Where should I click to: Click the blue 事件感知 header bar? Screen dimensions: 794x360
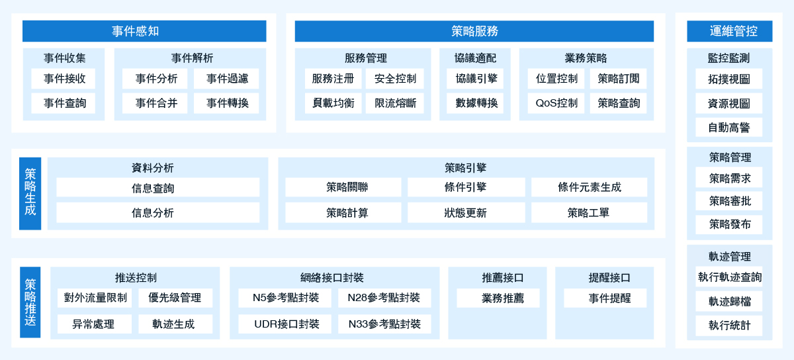coord(144,31)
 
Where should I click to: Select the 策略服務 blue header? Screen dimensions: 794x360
coord(474,31)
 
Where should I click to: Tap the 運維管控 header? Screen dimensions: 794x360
coord(729,31)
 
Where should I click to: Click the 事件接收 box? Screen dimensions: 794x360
coord(63,78)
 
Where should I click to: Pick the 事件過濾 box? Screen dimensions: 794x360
coord(226,78)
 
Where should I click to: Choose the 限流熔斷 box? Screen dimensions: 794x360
coord(394,103)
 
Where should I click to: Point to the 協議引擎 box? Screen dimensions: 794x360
coord(475,78)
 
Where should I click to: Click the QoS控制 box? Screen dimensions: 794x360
coord(556,103)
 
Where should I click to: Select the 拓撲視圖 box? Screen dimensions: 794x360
coord(728,79)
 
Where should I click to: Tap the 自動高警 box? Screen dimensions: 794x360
coord(728,127)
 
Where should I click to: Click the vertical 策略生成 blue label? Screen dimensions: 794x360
coord(30,194)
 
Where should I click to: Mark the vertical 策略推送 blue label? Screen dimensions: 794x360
coord(30,302)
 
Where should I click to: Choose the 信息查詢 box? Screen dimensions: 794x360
coord(157,187)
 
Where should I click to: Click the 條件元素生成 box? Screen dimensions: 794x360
coord(589,187)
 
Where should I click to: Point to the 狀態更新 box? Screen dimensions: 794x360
coord(466,212)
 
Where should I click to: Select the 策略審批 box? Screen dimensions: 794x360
coord(728,201)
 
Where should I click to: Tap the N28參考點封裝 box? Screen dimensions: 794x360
coord(384,298)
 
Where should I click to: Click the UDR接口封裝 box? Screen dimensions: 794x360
coord(285,324)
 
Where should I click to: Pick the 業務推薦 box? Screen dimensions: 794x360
coord(498,298)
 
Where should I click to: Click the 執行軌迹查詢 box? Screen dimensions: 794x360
coord(728,277)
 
